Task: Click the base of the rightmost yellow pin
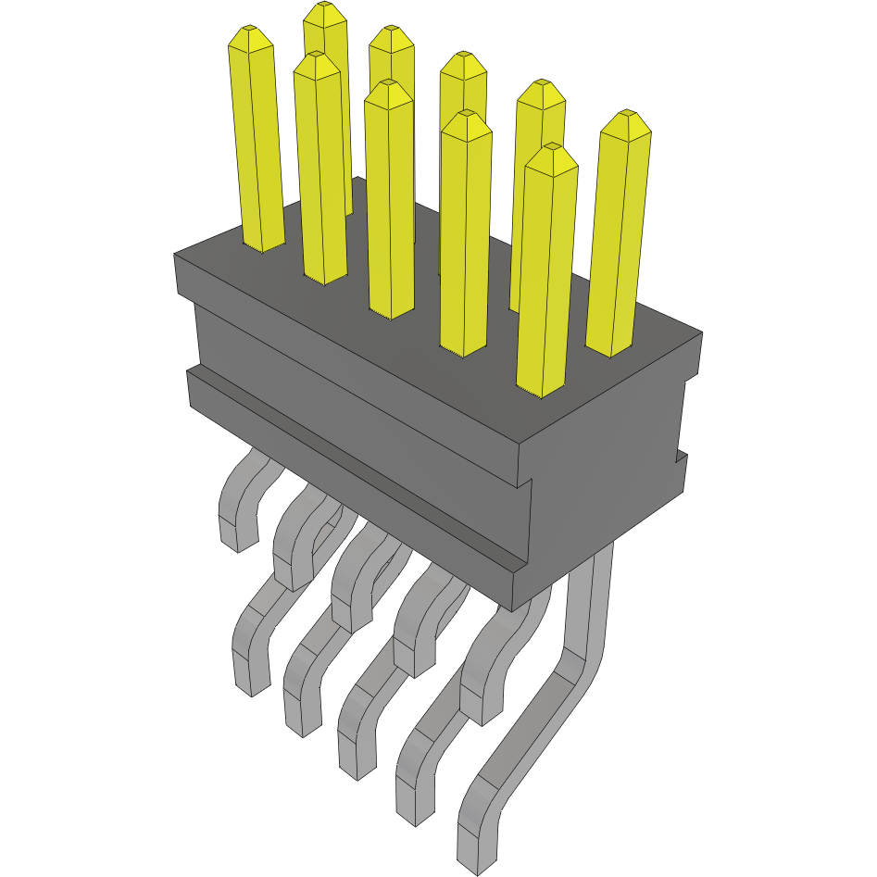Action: point(611,350)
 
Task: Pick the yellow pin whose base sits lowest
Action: point(541,389)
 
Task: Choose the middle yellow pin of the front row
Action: point(390,204)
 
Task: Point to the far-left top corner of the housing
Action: point(175,255)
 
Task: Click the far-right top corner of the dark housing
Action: point(701,332)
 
